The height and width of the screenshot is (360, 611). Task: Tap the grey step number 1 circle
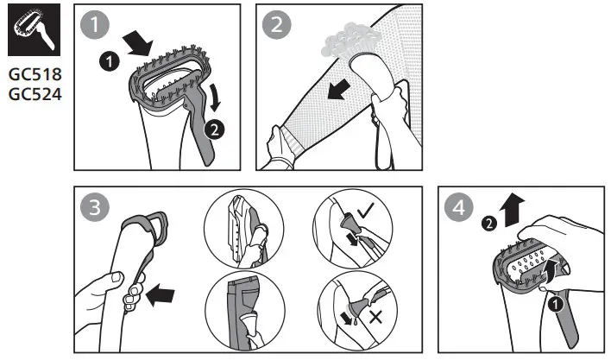92,24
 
